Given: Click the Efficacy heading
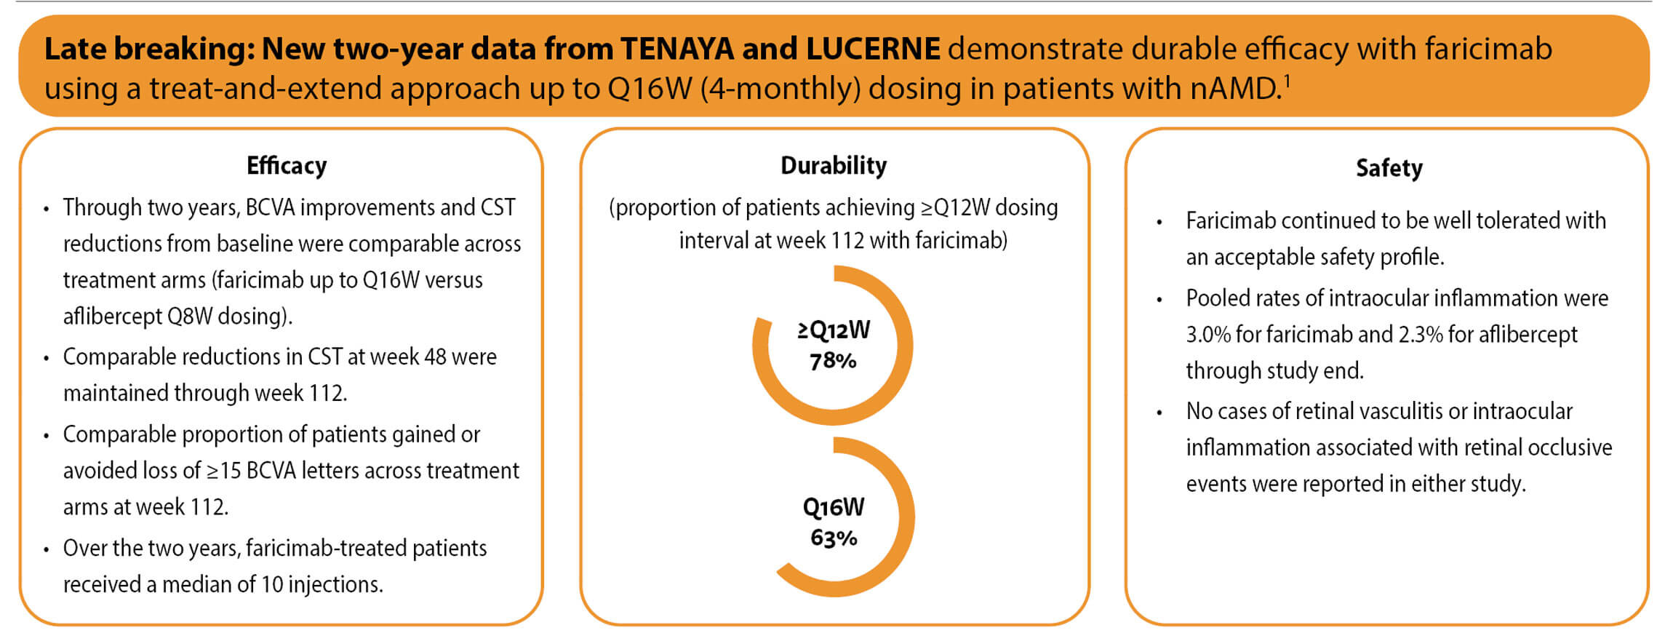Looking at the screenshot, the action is [287, 166].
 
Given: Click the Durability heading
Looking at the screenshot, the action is [834, 166].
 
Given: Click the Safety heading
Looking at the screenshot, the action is [1389, 168].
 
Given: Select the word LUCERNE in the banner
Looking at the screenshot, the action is [873, 49].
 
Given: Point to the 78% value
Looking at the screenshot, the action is [833, 361].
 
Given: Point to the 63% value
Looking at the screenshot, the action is [834, 538].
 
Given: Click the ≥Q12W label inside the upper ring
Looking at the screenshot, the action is [834, 330].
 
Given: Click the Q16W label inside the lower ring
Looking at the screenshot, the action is [834, 507].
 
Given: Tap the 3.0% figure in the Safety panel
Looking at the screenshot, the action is [1208, 335].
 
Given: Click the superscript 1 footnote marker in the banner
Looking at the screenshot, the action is [1286, 79].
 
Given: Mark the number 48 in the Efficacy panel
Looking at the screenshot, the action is [434, 357].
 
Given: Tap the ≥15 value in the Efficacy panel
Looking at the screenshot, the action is [223, 471].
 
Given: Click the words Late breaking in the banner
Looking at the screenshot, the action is [149, 49].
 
